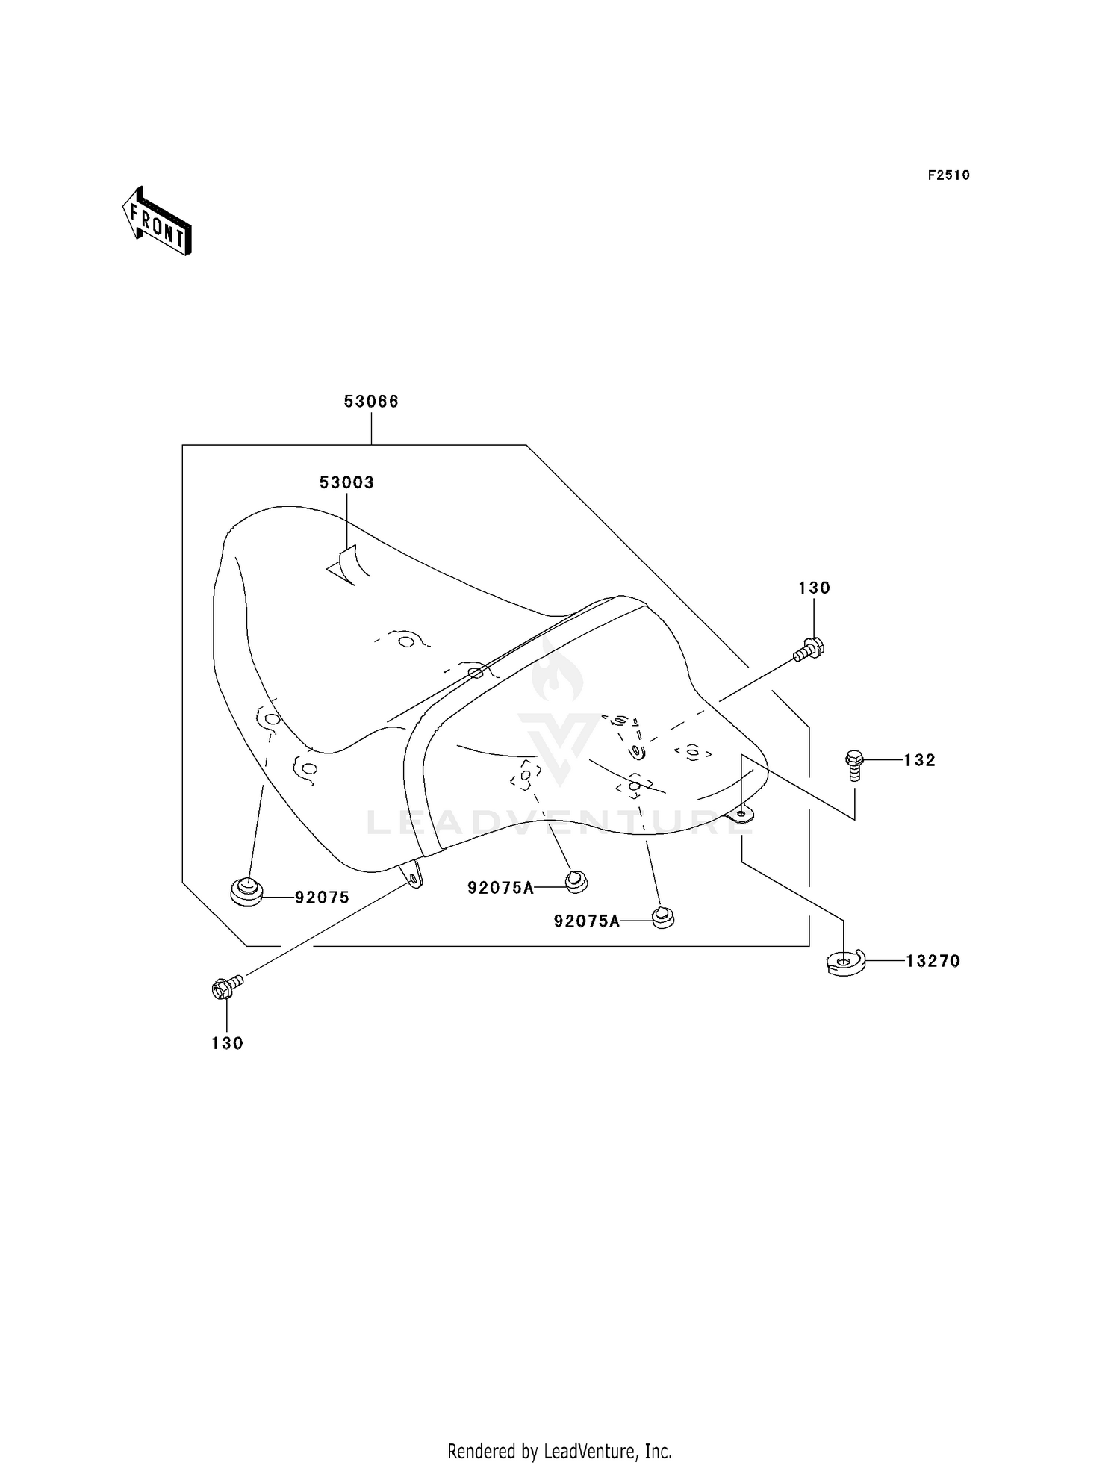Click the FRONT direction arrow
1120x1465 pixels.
(x=157, y=220)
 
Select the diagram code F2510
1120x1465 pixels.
(x=949, y=175)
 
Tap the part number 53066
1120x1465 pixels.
(x=371, y=402)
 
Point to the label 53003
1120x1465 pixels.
(x=346, y=482)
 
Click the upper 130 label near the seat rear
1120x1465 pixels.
(x=814, y=588)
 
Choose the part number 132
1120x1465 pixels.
(x=919, y=760)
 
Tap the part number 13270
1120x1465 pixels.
(x=933, y=961)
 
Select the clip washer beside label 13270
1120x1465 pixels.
(x=844, y=962)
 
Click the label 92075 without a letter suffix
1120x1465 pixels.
(x=322, y=898)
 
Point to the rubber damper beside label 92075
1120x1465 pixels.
(x=246, y=892)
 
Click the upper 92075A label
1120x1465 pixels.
(x=501, y=887)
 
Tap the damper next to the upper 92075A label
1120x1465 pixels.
(x=576, y=882)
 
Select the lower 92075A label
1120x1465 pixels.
(x=587, y=921)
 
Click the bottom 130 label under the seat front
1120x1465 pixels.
(x=227, y=1043)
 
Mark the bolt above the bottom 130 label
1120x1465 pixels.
(x=228, y=987)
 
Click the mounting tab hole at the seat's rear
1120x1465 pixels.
(x=740, y=813)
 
